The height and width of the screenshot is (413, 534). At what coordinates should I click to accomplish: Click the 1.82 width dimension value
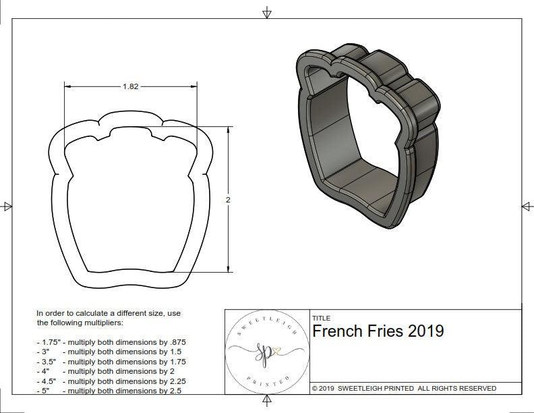pos(131,86)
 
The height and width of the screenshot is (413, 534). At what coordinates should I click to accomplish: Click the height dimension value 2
pos(228,200)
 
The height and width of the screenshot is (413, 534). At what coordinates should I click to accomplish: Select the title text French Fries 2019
pos(378,331)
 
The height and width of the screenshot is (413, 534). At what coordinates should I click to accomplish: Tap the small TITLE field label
pos(320,318)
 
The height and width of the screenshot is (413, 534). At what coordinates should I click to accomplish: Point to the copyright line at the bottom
pos(404,389)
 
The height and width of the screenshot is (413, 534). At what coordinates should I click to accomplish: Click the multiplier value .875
pos(175,342)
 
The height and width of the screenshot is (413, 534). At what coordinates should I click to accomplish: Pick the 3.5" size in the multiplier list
pos(47,361)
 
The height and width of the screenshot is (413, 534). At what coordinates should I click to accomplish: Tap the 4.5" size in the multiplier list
pos(47,381)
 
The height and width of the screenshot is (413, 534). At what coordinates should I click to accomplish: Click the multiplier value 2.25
pos(173,381)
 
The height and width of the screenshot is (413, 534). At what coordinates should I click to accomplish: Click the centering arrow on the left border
pos(7,206)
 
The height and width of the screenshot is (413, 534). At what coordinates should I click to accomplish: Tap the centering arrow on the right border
pos(526,206)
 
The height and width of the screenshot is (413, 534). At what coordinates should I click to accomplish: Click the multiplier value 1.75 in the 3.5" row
pos(173,361)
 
